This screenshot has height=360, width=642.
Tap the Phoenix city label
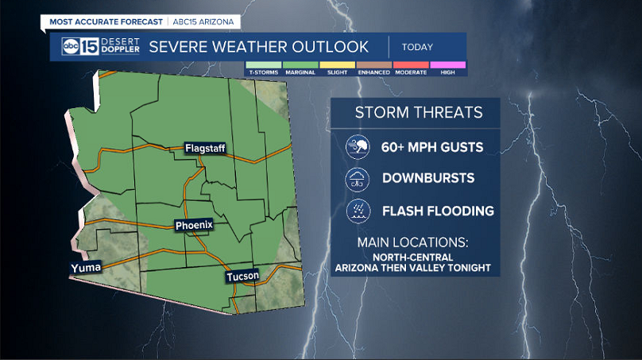pyautogui.click(x=194, y=226)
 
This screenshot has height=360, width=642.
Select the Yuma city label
pyautogui.click(x=85, y=268)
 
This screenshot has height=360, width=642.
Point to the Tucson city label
pyautogui.click(x=242, y=277)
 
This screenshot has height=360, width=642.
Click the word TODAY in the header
pyautogui.click(x=417, y=47)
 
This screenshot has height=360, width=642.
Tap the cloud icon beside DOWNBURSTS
pyautogui.click(x=358, y=179)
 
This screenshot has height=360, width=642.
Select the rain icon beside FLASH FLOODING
pyautogui.click(x=358, y=211)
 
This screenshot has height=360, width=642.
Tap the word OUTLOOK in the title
pyautogui.click(x=327, y=47)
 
